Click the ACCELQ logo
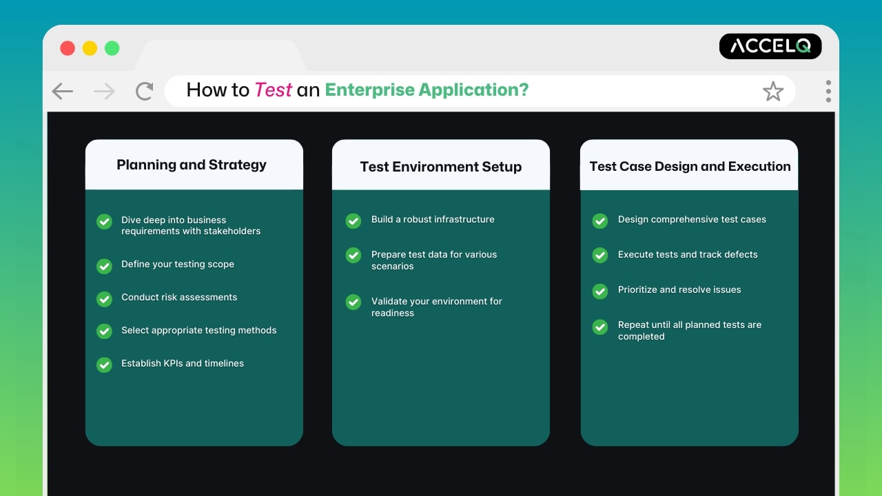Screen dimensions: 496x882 pyautogui.click(x=770, y=46)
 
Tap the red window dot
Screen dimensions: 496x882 pyautogui.click(x=68, y=48)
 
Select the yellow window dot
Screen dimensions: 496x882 pyautogui.click(x=90, y=48)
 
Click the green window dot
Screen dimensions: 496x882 pyautogui.click(x=112, y=48)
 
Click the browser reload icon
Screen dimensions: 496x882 pyautogui.click(x=144, y=91)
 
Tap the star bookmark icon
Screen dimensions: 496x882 pyautogui.click(x=773, y=91)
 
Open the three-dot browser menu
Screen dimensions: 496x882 pyautogui.click(x=828, y=91)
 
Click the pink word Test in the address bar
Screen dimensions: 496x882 pyautogui.click(x=274, y=90)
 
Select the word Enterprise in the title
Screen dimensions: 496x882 pyautogui.click(x=369, y=90)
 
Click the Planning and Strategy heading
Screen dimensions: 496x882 pyautogui.click(x=192, y=165)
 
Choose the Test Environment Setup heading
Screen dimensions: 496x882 pyautogui.click(x=440, y=167)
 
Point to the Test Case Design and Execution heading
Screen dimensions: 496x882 pyautogui.click(x=690, y=166)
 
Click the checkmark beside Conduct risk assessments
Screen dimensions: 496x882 pyautogui.click(x=104, y=298)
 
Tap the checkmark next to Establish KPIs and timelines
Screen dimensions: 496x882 pyautogui.click(x=104, y=364)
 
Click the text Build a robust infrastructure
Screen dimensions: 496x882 pyautogui.click(x=433, y=219)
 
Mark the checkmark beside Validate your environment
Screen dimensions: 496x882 pyautogui.click(x=353, y=302)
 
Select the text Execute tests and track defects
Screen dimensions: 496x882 pyautogui.click(x=688, y=254)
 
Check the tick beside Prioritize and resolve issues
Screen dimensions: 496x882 pyautogui.click(x=600, y=291)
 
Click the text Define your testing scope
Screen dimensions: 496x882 pyautogui.click(x=178, y=265)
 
